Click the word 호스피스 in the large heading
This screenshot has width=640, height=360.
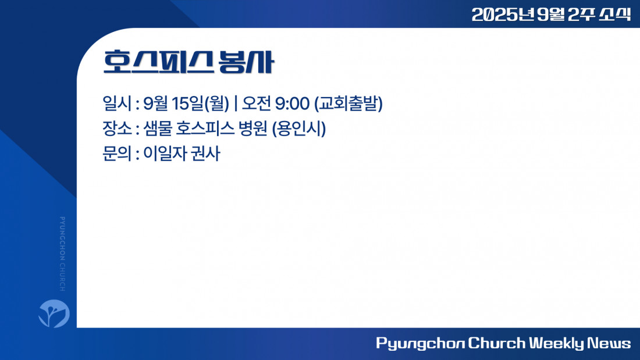click(158, 62)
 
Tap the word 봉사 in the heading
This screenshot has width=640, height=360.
click(246, 62)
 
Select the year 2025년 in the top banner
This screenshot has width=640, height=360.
click(503, 15)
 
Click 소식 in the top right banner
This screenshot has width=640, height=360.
click(615, 15)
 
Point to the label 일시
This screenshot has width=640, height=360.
click(117, 104)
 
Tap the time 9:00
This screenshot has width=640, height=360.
click(292, 104)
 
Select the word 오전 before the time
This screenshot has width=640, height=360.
click(257, 104)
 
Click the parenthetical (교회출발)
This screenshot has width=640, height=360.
click(349, 104)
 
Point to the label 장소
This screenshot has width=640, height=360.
click(117, 129)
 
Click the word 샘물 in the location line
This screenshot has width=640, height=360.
click(157, 129)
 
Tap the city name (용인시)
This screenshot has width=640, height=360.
click(299, 129)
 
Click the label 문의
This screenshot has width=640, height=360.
click(117, 154)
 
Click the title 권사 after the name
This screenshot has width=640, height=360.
click(205, 154)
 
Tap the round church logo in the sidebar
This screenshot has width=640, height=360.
click(54, 313)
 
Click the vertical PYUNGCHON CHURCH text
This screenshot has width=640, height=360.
click(62, 254)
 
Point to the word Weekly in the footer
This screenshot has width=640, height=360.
click(557, 343)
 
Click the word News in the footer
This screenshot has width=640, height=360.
click(609, 343)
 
